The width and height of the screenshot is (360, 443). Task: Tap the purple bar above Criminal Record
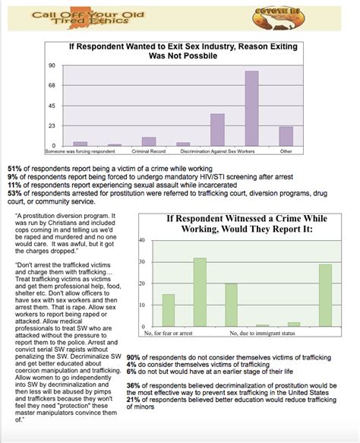pyautogui.click(x=149, y=141)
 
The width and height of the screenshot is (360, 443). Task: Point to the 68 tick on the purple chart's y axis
pyautogui.click(x=52, y=85)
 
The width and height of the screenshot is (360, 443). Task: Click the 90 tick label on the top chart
pyautogui.click(x=52, y=65)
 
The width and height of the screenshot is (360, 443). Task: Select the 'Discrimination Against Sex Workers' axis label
pyautogui.click(x=217, y=150)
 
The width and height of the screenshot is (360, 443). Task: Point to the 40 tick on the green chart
pyautogui.click(x=142, y=240)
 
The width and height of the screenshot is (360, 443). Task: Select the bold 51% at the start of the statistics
pyautogui.click(x=15, y=167)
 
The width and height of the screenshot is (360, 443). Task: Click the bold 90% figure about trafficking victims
pyautogui.click(x=133, y=357)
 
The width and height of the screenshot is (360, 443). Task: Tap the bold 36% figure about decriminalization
pyautogui.click(x=133, y=385)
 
